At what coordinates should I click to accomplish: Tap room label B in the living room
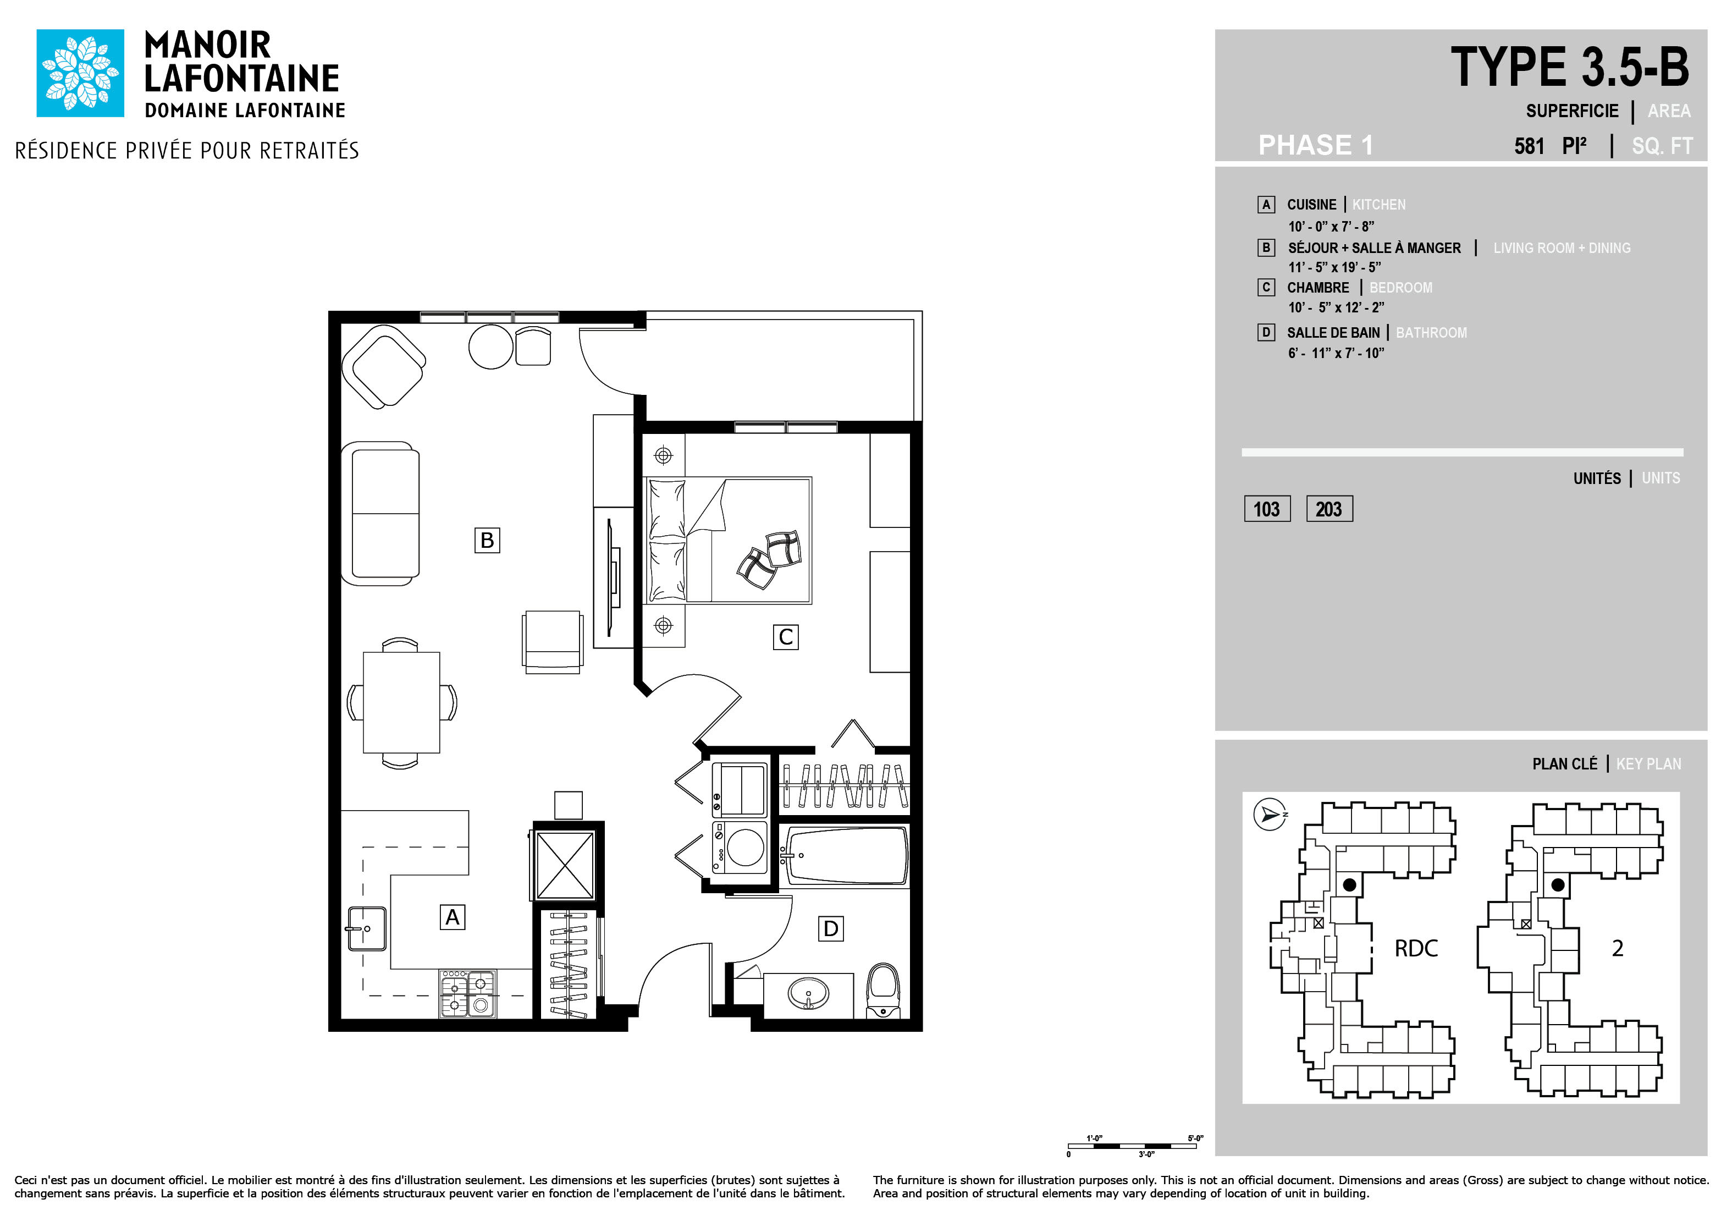tap(487, 540)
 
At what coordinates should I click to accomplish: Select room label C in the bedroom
tap(785, 637)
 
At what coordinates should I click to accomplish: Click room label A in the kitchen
tap(453, 917)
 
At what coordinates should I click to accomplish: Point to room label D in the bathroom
tap(831, 928)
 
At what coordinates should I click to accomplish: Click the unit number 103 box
tap(1267, 509)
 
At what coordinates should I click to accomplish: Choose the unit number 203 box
tap(1329, 509)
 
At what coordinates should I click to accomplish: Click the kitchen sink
tap(367, 928)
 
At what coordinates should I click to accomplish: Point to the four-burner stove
tap(468, 993)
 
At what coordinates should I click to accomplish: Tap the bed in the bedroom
tap(727, 540)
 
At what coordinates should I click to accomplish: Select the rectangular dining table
tap(401, 702)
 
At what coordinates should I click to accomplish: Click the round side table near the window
tap(491, 346)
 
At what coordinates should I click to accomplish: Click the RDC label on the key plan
tap(1416, 948)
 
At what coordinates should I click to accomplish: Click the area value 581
tap(1529, 146)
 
